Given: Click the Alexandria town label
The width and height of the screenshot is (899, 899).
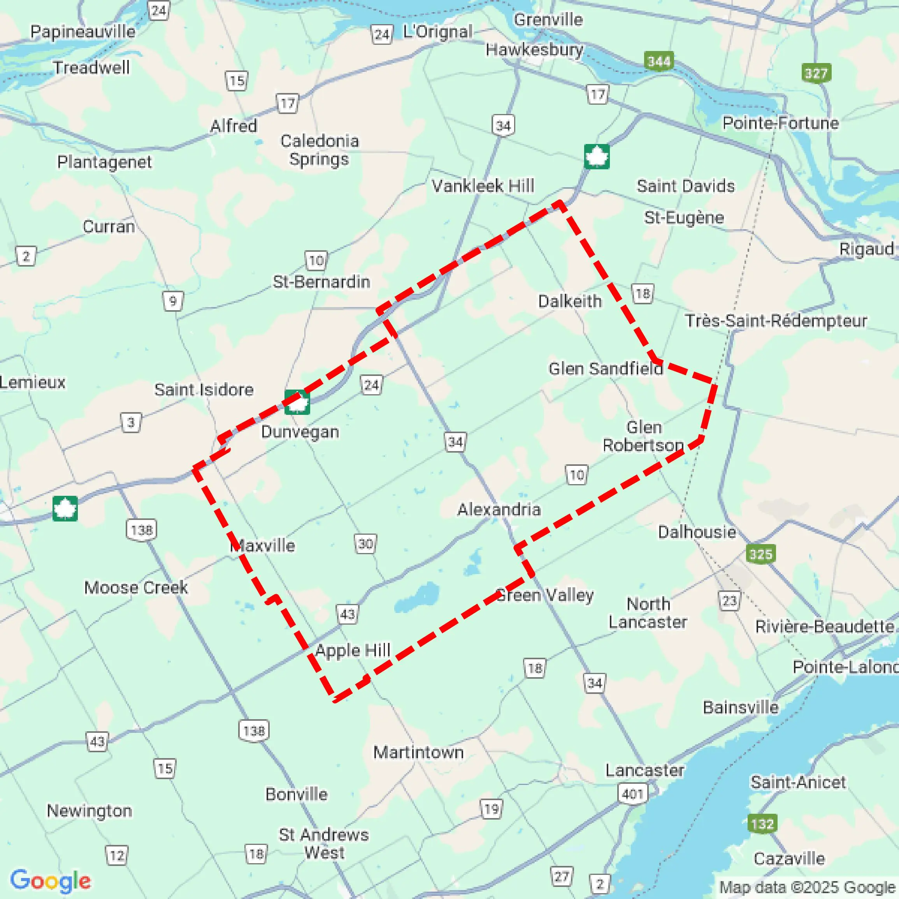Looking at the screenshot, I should (x=499, y=509).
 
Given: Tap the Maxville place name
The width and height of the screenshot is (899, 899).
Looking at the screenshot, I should (x=263, y=545).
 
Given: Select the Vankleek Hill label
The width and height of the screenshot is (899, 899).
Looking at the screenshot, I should (x=483, y=186).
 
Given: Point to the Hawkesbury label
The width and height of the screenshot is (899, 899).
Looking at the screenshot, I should (x=534, y=49).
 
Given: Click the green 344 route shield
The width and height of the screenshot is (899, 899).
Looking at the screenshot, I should (x=659, y=61).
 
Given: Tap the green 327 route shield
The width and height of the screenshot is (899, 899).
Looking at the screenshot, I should (x=816, y=73).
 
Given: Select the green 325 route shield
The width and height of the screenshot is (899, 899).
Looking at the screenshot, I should (x=760, y=554).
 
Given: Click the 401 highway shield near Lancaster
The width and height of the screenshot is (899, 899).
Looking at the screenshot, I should (x=633, y=794).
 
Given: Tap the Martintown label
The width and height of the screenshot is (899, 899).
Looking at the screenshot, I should (x=418, y=752).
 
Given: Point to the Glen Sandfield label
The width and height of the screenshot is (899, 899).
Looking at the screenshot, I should (x=606, y=369).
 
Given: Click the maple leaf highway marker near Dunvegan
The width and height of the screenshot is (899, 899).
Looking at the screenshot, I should (x=297, y=402).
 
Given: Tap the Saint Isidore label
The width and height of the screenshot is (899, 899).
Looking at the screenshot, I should (x=204, y=390).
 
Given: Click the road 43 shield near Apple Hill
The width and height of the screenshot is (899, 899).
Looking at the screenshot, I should (x=347, y=614).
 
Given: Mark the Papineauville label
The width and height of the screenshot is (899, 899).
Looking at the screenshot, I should (x=83, y=32).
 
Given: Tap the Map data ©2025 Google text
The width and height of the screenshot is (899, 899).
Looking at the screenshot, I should (x=807, y=887).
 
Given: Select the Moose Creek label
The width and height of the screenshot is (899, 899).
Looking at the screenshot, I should (x=136, y=587).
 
